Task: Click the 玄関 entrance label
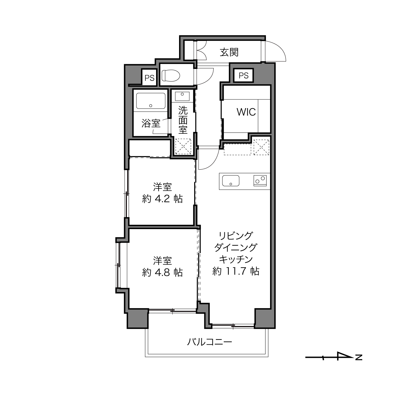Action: [229, 52]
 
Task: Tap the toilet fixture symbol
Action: [171, 76]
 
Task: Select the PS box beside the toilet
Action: [149, 78]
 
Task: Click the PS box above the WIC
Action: [244, 76]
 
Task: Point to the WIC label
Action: [246, 112]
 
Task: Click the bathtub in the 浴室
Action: [151, 101]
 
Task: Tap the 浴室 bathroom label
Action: [151, 123]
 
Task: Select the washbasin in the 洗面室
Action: [183, 96]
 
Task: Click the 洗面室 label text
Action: [183, 120]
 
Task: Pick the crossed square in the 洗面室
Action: [183, 146]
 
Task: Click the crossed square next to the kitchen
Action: [261, 147]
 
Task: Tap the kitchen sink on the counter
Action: [231, 181]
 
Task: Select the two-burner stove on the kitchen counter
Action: [260, 181]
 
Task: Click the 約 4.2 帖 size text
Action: [162, 199]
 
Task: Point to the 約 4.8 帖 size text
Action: [162, 272]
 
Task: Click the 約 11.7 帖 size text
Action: [236, 271]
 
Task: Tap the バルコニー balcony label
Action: [210, 347]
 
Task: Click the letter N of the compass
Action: [359, 363]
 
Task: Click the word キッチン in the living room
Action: [236, 259]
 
